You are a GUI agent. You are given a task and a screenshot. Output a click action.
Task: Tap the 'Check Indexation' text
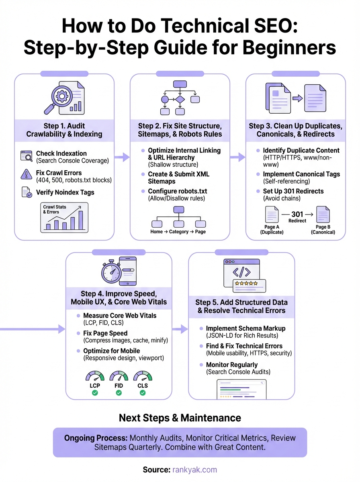tap(61, 153)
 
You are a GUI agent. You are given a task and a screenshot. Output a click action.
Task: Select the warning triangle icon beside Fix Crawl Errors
tap(26, 174)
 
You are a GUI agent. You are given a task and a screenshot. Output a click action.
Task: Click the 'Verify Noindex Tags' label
tap(65, 192)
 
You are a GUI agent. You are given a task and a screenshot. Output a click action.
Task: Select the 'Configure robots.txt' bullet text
tap(178, 191)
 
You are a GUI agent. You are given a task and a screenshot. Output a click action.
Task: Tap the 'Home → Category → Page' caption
tap(178, 232)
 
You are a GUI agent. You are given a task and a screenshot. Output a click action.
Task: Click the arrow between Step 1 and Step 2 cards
tap(120, 157)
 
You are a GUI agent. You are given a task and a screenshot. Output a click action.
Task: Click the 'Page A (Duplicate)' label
tap(272, 229)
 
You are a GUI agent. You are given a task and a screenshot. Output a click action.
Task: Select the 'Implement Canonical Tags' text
tap(301, 174)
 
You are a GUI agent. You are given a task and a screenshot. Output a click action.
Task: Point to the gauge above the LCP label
tap(95, 376)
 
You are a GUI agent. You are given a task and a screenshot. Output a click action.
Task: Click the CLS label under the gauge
tap(143, 386)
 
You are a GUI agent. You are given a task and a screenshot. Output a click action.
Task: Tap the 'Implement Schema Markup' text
tap(245, 329)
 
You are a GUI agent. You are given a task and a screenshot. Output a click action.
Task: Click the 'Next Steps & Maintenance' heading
tap(180, 418)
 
